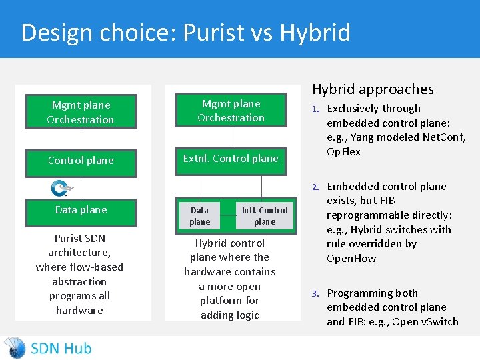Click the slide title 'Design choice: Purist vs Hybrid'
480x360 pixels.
[185, 32]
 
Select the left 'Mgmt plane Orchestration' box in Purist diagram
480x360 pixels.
[81, 112]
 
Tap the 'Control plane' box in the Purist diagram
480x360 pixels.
[81, 161]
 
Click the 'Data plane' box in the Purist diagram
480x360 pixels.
[81, 210]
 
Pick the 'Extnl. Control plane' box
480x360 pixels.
[231, 159]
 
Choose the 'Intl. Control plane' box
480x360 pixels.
[265, 216]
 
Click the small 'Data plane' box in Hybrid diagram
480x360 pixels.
[199, 216]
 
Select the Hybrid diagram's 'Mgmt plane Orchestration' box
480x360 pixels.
[231, 111]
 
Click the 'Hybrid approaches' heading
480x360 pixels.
[373, 89]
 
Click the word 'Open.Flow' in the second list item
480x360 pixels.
[351, 259]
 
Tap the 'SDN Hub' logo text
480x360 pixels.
[61, 348]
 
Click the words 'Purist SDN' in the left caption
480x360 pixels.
[79, 238]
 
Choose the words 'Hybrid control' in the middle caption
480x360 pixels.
[230, 243]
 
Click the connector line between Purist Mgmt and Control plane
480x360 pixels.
[81, 139]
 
